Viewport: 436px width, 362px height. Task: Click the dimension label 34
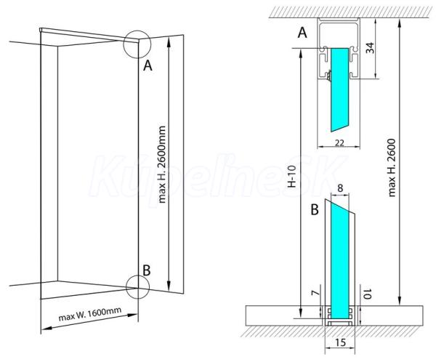370,48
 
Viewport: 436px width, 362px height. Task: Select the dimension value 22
339,142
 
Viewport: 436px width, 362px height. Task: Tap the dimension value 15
340,342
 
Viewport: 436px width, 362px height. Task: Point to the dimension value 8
340,188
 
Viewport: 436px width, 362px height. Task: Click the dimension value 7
314,293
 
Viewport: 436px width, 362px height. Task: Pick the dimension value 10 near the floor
368,294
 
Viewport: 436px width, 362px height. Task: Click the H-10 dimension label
291,177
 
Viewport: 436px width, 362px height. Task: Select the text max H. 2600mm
162,164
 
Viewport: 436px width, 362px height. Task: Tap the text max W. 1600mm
90,314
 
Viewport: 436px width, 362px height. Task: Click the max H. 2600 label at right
392,168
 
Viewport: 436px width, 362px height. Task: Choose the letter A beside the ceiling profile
302,33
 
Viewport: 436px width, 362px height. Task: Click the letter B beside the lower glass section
315,209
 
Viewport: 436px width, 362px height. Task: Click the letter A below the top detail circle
148,66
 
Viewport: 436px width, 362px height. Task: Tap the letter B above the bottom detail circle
147,270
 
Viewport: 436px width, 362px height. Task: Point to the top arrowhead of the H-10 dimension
301,54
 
